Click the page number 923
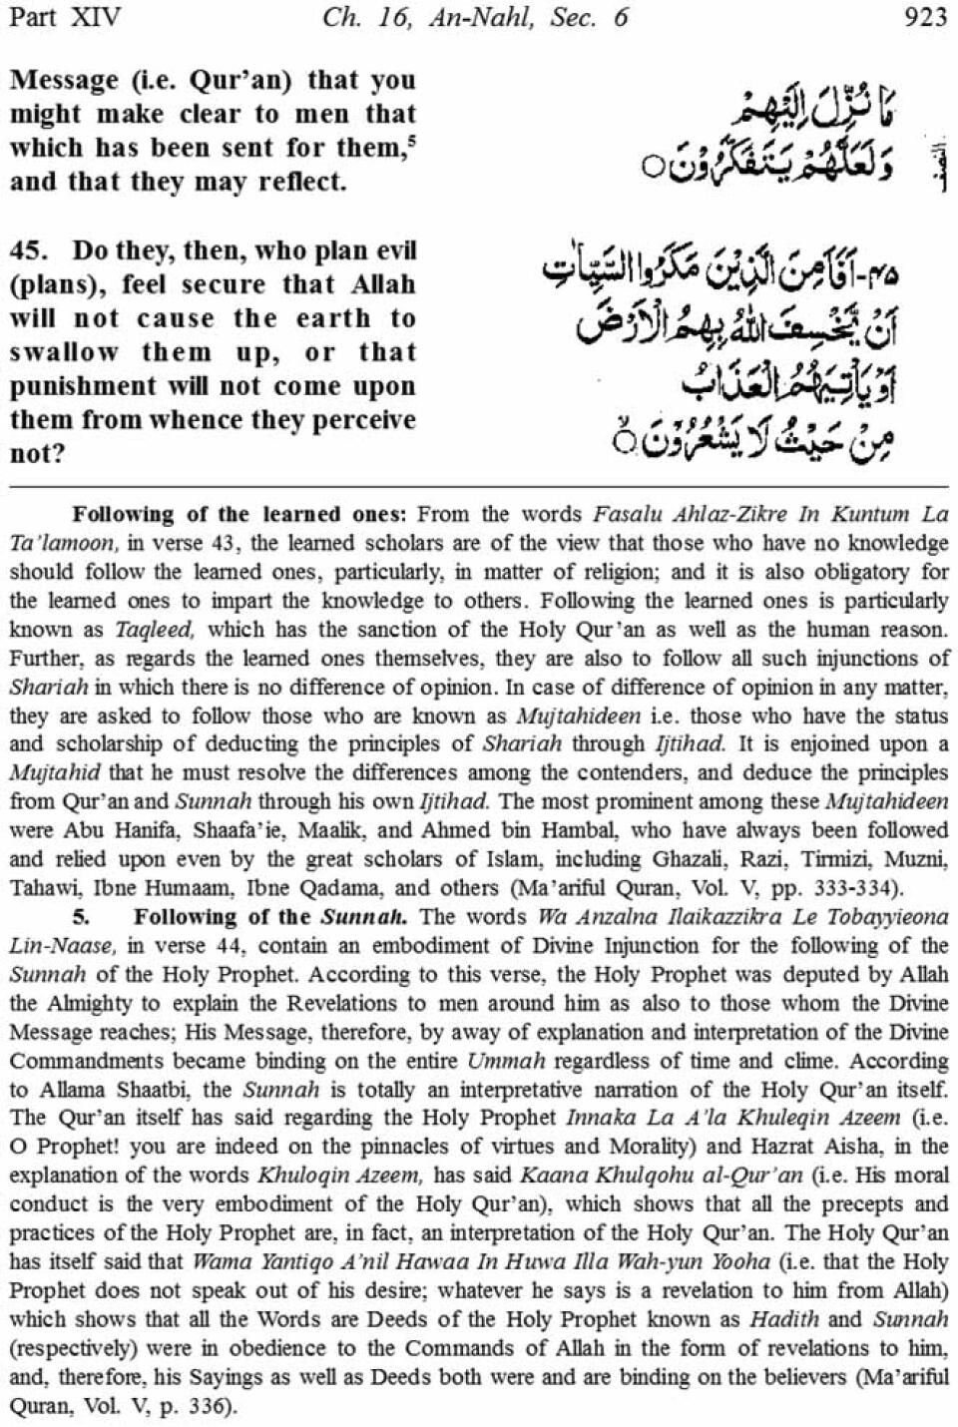[923, 17]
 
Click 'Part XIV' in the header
[64, 17]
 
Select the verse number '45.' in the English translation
[28, 250]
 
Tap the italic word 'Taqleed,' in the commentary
[145, 630]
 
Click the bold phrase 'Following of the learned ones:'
[239, 515]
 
